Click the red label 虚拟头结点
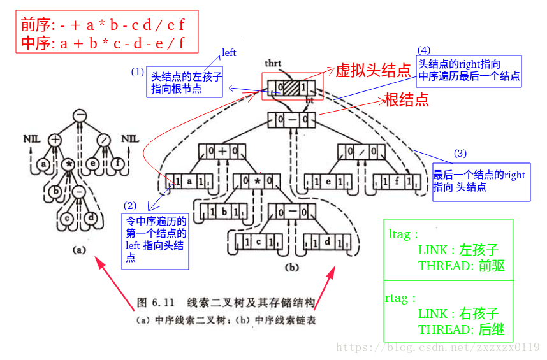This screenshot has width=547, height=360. (x=373, y=71)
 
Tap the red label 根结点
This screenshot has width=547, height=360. (x=405, y=100)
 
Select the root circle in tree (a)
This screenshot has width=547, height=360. (x=80, y=115)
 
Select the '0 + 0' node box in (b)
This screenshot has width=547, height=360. (x=221, y=152)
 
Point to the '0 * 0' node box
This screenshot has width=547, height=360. (x=256, y=182)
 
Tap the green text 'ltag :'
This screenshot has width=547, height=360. (x=404, y=234)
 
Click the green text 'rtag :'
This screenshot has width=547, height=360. (x=402, y=298)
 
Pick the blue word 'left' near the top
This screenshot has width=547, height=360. (x=229, y=52)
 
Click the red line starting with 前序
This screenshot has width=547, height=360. (x=103, y=25)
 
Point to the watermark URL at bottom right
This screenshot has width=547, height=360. (x=437, y=347)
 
